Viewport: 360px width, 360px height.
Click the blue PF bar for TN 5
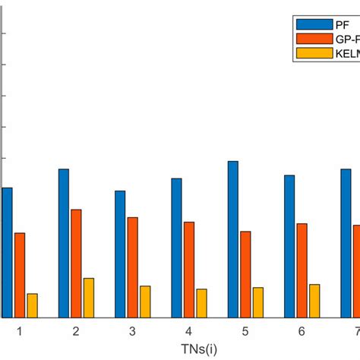(233, 239)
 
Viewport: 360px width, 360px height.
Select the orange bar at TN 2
(76, 264)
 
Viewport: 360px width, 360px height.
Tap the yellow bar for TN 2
(89, 298)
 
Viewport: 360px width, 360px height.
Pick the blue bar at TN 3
(120, 254)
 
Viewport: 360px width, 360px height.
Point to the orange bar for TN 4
(189, 270)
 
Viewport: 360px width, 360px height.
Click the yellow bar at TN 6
(314, 301)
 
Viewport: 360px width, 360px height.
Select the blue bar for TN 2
(64, 243)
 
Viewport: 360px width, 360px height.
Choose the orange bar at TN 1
(20, 275)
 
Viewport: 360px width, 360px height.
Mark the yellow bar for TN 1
(32, 305)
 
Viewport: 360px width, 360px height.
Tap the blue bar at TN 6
(289, 246)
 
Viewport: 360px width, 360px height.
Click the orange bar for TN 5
(245, 274)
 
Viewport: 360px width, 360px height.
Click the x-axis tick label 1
(20, 332)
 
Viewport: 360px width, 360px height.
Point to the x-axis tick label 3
(132, 332)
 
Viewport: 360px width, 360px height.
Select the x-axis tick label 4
(189, 332)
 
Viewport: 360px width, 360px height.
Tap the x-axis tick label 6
(302, 332)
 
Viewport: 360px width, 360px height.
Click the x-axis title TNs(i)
(200, 349)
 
